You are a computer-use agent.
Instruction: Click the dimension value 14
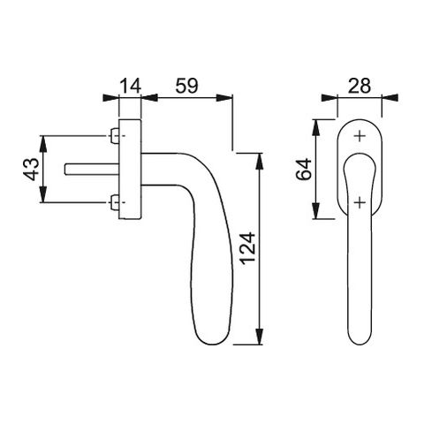pyautogui.click(x=131, y=86)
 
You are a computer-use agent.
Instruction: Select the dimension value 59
pyautogui.click(x=187, y=86)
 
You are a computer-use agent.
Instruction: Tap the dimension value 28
pyautogui.click(x=360, y=86)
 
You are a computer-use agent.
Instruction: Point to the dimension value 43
pyautogui.click(x=31, y=169)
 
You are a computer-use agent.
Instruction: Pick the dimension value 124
pyautogui.click(x=247, y=248)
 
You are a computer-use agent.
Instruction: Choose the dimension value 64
pyautogui.click(x=304, y=169)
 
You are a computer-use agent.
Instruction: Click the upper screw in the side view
pyautogui.click(x=115, y=136)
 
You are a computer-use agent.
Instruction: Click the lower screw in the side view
pyautogui.click(x=115, y=202)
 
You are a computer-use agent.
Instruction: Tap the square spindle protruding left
pyautogui.click(x=92, y=170)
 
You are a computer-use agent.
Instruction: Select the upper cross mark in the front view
pyautogui.click(x=360, y=136)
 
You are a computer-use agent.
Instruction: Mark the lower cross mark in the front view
pyautogui.click(x=360, y=202)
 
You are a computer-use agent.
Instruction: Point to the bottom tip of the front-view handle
pyautogui.click(x=360, y=344)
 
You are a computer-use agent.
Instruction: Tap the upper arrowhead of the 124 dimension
pyautogui.click(x=259, y=162)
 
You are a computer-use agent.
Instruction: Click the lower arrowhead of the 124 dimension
pyautogui.click(x=259, y=337)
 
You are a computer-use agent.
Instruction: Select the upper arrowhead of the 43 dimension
pyautogui.click(x=43, y=144)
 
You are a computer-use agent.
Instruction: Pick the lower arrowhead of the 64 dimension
pyautogui.click(x=315, y=211)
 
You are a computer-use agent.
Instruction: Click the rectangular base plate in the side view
pyautogui.click(x=130, y=170)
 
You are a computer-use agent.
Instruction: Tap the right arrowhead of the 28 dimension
pyautogui.click(x=390, y=98)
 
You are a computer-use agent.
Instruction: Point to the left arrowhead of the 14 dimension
pyautogui.click(x=110, y=98)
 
